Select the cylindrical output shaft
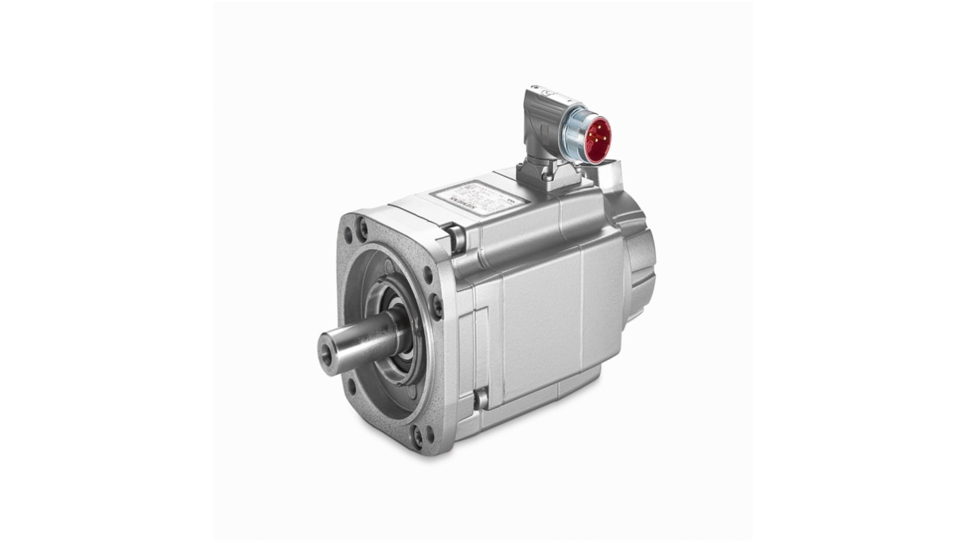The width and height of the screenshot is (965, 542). click(360, 340)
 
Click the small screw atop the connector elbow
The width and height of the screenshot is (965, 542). click(534, 89)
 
